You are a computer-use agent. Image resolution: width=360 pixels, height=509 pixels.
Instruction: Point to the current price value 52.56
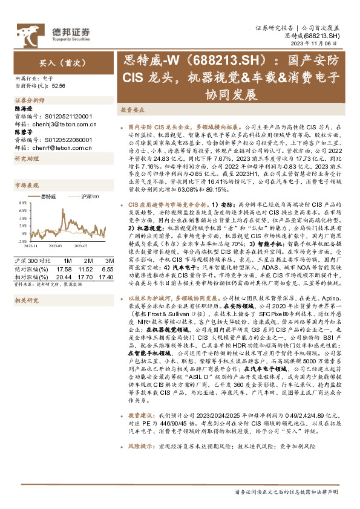click(x=59, y=86)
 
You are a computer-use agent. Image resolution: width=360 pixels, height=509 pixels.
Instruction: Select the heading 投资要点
click(x=132, y=111)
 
